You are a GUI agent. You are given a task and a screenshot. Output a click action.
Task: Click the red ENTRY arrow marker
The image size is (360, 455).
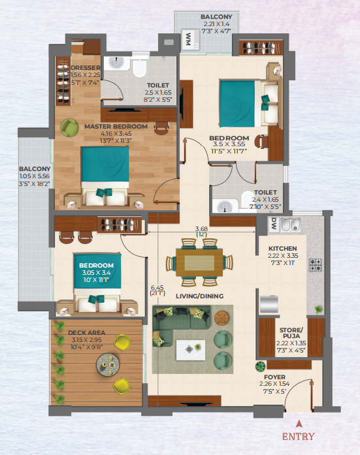299,424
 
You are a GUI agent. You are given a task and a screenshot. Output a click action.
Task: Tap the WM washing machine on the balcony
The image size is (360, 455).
190,40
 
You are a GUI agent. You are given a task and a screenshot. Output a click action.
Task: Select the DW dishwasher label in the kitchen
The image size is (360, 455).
274,225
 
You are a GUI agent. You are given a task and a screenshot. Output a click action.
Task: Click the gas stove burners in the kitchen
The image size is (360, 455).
316,264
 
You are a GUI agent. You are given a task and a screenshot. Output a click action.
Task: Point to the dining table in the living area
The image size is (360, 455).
199,262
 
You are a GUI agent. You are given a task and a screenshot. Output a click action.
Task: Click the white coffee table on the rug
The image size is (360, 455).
190,350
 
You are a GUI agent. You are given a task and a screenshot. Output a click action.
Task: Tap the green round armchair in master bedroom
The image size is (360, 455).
69,127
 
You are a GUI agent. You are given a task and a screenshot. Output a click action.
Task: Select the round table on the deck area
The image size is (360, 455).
108,365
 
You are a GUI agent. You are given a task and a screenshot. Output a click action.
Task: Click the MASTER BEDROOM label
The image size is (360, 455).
116,127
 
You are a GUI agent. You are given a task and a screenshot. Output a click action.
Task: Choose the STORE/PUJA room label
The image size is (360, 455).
291,333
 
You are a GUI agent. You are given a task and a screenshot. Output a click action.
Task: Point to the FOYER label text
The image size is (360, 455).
274,377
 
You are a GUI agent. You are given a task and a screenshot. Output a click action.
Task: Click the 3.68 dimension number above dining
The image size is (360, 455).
201,229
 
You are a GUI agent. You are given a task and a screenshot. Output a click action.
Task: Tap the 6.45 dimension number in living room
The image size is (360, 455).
157,288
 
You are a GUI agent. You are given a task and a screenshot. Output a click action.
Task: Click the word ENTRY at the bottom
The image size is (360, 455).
298,437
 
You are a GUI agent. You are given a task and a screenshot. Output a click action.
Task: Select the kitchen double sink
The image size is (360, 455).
290,225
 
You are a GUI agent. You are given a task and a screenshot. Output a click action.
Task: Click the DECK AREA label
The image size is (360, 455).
86,332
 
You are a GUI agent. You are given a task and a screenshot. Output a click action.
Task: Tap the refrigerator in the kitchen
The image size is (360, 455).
269,304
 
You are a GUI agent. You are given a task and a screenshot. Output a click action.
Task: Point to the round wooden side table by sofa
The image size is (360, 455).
221,318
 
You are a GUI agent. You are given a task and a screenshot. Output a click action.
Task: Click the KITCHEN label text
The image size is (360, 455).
283,249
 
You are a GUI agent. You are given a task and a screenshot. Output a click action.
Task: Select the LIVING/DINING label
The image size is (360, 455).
200,296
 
